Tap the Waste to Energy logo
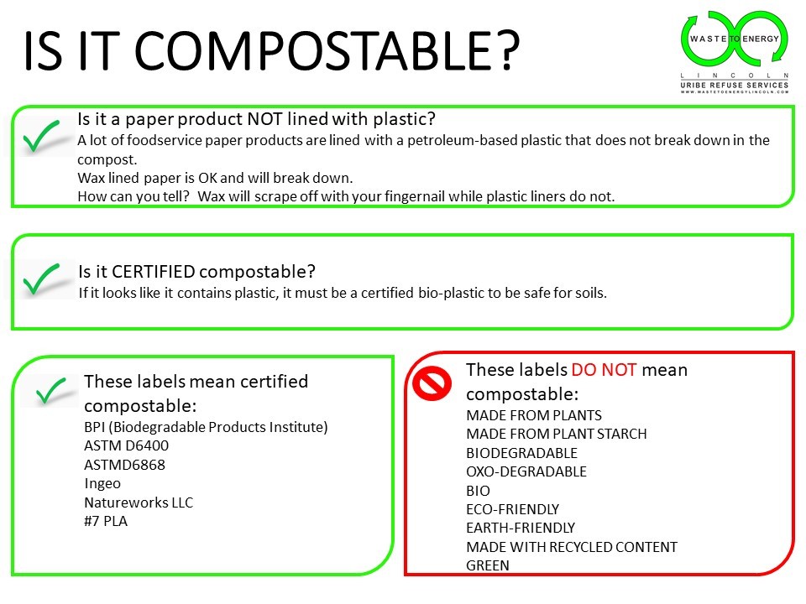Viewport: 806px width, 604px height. tap(735, 52)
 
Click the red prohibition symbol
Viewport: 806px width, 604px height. tap(432, 383)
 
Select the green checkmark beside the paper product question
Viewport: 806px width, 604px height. tap(42, 136)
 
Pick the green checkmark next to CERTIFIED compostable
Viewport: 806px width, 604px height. tap(42, 279)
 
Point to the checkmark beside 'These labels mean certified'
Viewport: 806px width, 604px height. tap(51, 390)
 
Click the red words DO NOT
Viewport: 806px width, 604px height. tap(604, 370)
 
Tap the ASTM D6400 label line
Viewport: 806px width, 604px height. tap(127, 445)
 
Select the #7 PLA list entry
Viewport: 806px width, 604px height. tap(106, 521)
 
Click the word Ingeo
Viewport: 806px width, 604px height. tap(102, 484)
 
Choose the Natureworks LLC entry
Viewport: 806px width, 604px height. tap(139, 502)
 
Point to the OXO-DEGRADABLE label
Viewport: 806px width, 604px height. tap(526, 471)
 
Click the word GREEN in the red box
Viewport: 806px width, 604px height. tap(488, 565)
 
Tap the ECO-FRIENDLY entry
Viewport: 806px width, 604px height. tap(512, 509)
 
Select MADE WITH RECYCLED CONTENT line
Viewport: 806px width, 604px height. tap(572, 547)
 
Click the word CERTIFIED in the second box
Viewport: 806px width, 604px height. tap(153, 272)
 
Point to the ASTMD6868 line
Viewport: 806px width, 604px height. tap(125, 465)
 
